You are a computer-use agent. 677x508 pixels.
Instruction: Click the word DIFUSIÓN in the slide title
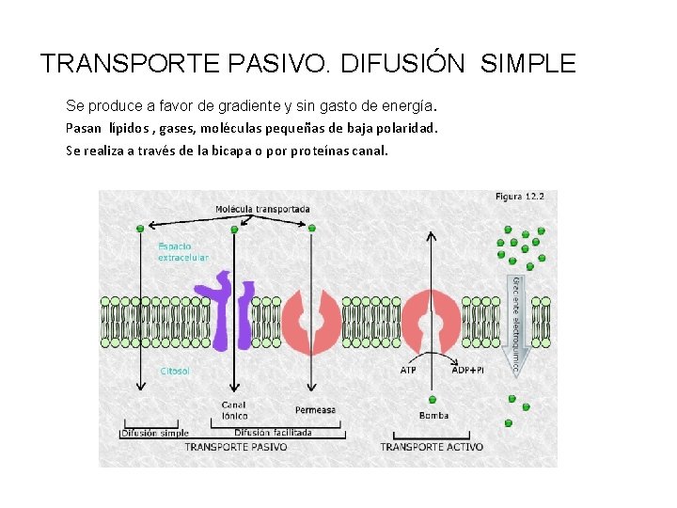(402, 64)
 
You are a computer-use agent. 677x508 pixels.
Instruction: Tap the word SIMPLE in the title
(527, 64)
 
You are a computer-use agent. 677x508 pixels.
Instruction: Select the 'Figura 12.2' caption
(519, 197)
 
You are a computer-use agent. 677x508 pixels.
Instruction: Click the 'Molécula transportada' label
(262, 209)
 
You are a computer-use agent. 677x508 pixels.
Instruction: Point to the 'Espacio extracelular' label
(182, 252)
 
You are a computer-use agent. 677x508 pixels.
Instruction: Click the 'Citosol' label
(175, 371)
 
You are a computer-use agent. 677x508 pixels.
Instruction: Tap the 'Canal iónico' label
(234, 410)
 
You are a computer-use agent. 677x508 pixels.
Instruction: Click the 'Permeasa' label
(315, 410)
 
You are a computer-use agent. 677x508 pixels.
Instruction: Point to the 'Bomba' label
(433, 415)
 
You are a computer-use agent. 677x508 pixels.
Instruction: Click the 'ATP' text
(408, 370)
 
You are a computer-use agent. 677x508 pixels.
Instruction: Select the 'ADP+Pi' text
(467, 370)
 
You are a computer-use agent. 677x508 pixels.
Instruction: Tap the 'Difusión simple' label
(155, 434)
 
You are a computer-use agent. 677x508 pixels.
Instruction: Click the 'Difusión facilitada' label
(273, 433)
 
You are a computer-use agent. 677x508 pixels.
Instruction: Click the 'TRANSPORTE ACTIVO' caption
(432, 447)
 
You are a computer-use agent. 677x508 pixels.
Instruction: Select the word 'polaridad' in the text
(404, 127)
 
